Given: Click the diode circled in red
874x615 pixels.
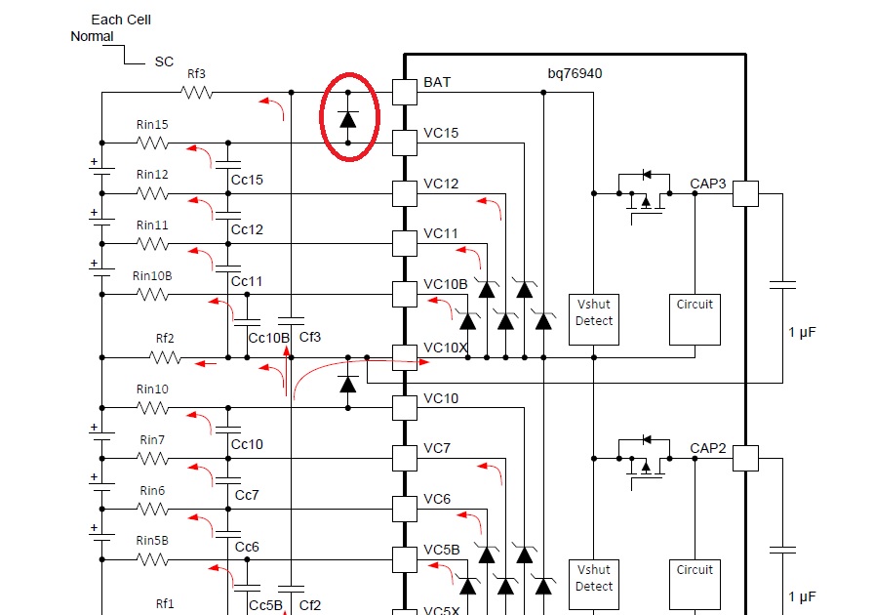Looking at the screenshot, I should pos(348,118).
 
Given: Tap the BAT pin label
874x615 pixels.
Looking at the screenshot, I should pos(437,83).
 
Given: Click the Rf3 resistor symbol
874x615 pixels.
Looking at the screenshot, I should pos(196,93).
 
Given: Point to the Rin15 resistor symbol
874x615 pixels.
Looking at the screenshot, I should pos(152,143).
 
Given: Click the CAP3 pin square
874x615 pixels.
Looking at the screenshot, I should pos(745,193).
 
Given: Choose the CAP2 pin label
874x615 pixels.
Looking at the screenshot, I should pos(707,448).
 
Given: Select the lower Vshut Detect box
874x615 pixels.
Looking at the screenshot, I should pos(593,578).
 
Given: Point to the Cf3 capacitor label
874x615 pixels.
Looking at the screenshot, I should pos(309,338).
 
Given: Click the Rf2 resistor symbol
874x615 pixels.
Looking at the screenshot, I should pos(166,357).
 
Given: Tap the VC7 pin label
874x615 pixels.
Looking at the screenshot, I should pos(436,448).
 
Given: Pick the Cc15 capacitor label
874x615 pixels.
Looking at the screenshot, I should pos(247,180).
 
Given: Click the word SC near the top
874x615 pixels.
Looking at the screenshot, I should pos(164,61).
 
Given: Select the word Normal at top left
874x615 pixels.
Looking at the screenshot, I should pos(92,37).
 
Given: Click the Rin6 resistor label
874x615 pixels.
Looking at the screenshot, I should pos(152,490).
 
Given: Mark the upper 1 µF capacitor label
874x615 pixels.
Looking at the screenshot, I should pos(801,333).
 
